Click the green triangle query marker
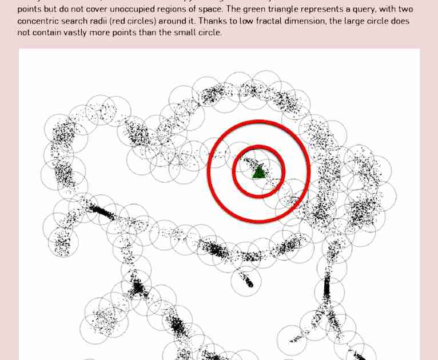coord(259,171)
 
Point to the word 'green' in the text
coord(273,10)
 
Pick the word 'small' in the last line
coord(182,33)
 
